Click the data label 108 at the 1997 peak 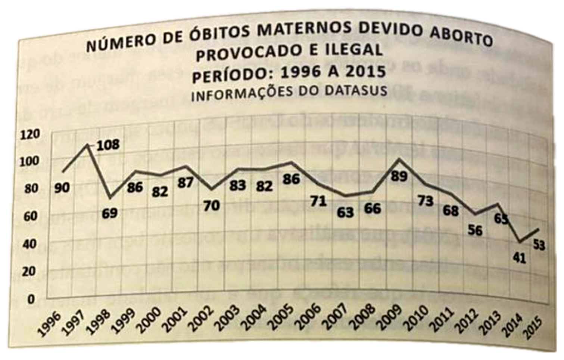pos(108,145)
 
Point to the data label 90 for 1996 pos(62,187)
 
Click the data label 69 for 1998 pos(110,213)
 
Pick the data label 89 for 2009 pos(399,176)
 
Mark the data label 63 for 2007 pos(345,212)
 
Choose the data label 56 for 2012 pos(475,230)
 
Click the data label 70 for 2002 pos(212,205)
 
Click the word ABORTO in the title pos(462,37)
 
